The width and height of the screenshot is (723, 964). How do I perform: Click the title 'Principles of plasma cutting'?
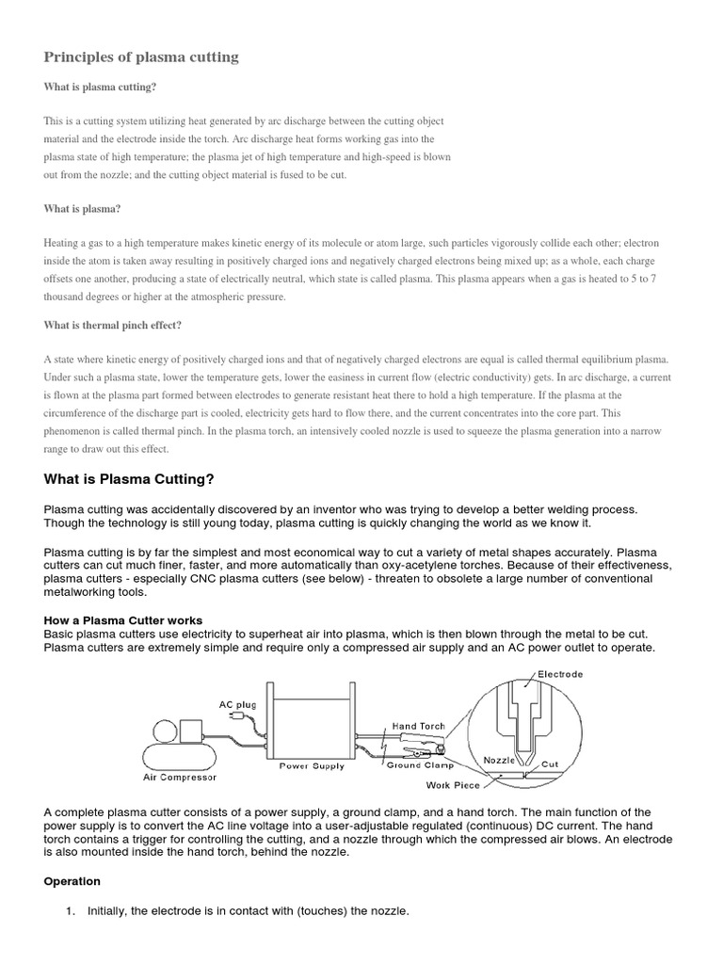pyautogui.click(x=141, y=57)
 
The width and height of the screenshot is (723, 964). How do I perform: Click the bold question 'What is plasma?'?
pyautogui.click(x=83, y=208)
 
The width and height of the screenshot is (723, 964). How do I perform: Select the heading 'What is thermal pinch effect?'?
pyautogui.click(x=113, y=325)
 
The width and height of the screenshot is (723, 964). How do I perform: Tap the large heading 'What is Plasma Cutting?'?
pyautogui.click(x=130, y=479)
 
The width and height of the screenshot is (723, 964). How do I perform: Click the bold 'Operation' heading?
pyautogui.click(x=72, y=881)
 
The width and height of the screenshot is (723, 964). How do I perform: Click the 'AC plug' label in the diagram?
pyautogui.click(x=237, y=703)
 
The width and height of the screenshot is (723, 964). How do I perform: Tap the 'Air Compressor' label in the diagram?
pyautogui.click(x=180, y=778)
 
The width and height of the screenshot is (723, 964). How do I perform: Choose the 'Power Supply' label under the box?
pyautogui.click(x=313, y=766)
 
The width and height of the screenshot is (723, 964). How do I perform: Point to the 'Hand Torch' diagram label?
pyautogui.click(x=417, y=727)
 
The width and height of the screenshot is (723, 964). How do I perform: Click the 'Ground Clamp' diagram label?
pyautogui.click(x=420, y=766)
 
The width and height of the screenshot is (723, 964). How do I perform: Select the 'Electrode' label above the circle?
pyautogui.click(x=560, y=674)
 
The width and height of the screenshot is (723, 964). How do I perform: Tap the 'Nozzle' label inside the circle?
pyautogui.click(x=499, y=759)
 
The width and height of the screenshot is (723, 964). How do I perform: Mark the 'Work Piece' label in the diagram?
pyautogui.click(x=454, y=784)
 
